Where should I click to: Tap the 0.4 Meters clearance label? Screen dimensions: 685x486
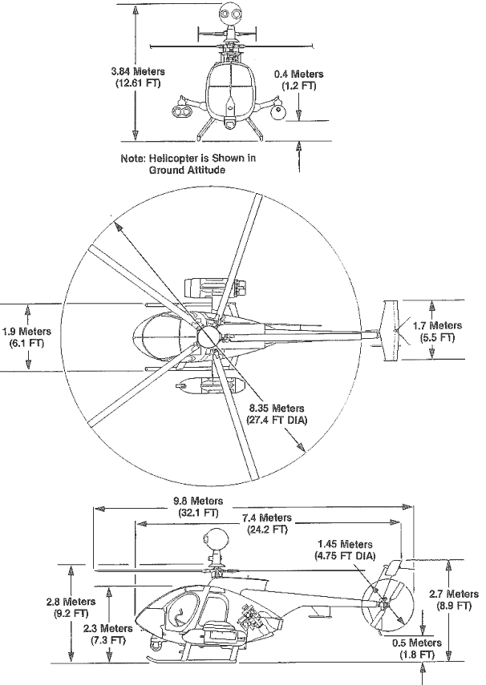[298, 79]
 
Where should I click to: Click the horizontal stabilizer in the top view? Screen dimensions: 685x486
[394, 330]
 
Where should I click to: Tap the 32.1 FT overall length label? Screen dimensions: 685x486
[196, 506]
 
